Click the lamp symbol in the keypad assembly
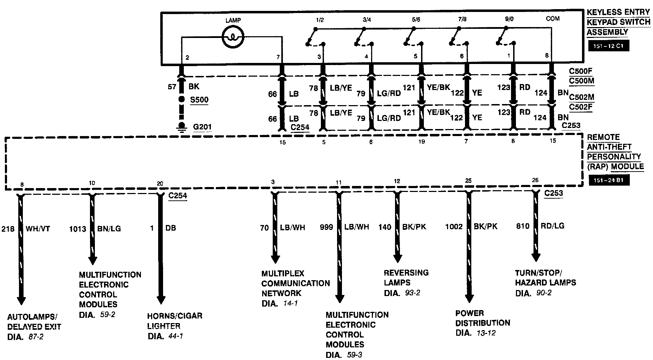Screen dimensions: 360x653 [x=233, y=37]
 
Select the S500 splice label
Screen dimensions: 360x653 [x=199, y=99]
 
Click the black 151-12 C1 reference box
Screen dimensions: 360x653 [x=609, y=46]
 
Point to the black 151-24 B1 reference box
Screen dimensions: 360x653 [x=609, y=181]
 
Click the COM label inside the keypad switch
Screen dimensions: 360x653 [x=552, y=18]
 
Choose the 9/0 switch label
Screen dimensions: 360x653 [x=509, y=19]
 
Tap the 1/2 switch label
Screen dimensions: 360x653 [x=319, y=20]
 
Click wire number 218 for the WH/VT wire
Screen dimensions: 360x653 [x=8, y=229]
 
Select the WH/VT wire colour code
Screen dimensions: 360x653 [x=38, y=229]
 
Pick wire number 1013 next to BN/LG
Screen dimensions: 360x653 [x=77, y=229]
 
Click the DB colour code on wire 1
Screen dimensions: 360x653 [x=170, y=228]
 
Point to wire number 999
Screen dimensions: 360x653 [x=326, y=227]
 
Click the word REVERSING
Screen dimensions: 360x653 [x=406, y=273]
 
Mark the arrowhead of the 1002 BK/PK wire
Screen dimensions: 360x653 [x=469, y=298]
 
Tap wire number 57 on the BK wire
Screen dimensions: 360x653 [x=172, y=86]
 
